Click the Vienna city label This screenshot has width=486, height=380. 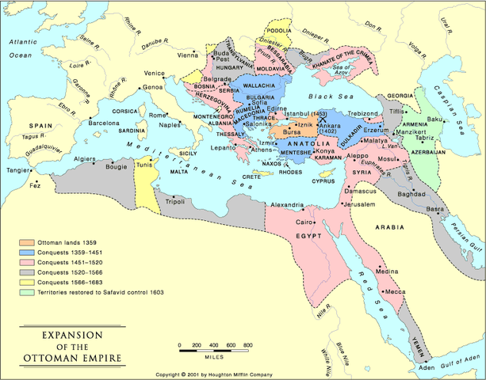point(188,55)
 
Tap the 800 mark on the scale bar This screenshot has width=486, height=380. point(247,345)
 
